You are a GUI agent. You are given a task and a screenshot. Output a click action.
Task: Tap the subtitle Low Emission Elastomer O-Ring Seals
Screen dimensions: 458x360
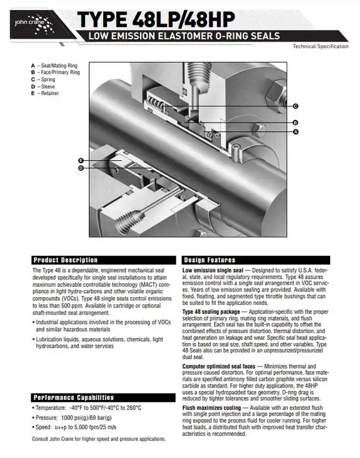pyautogui.click(x=184, y=36)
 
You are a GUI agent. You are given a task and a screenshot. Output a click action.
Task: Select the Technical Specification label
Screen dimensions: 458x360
pyautogui.click(x=324, y=46)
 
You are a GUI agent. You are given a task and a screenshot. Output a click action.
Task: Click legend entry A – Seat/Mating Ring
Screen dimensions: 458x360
pyautogui.click(x=55, y=66)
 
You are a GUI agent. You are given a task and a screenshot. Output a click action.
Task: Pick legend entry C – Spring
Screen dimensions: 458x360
pyautogui.click(x=43, y=79)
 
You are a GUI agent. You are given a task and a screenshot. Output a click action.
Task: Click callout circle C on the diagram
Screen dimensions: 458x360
pyautogui.click(x=296, y=106)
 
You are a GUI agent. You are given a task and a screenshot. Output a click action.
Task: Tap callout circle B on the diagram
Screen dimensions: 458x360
pyautogui.click(x=296, y=122)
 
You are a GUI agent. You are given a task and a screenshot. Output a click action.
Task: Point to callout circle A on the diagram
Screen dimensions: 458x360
pyautogui.click(x=296, y=133)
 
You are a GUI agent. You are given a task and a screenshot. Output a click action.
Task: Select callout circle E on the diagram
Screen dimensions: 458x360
pyautogui.click(x=80, y=160)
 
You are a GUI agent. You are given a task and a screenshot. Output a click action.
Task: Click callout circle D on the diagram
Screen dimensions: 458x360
pyautogui.click(x=80, y=168)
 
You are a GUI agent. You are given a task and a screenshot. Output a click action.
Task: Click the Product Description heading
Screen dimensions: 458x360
pyautogui.click(x=65, y=260)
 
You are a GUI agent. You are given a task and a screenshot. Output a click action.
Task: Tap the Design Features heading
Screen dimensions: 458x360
pyautogui.click(x=209, y=260)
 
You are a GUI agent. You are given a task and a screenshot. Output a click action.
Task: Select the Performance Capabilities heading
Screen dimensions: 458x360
pyautogui.click(x=73, y=398)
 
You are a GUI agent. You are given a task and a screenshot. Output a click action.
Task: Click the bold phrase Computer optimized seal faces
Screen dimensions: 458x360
pyautogui.click(x=216, y=366)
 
